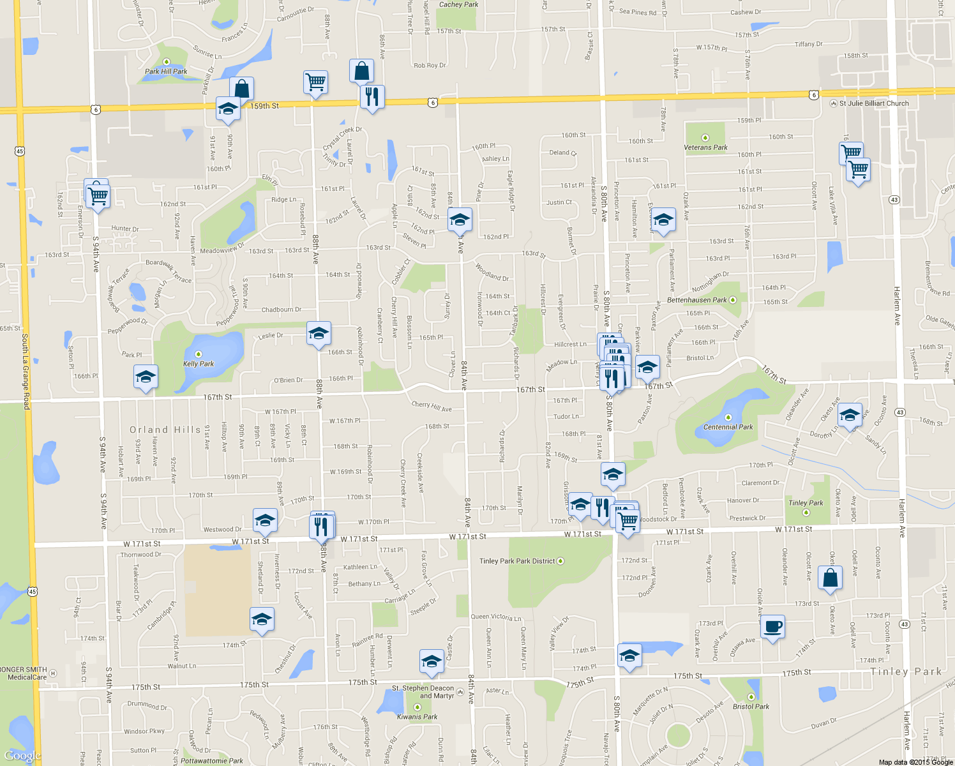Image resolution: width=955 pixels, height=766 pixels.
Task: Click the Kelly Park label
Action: pos(199,364)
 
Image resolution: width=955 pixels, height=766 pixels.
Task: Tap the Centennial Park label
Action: pos(728,427)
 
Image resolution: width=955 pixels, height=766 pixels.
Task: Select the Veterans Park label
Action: pos(705,147)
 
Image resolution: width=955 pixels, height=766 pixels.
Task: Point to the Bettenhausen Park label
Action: pos(697,300)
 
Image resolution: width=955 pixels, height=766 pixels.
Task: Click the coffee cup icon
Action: pos(772,627)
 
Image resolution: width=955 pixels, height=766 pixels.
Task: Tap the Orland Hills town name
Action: pos(165,430)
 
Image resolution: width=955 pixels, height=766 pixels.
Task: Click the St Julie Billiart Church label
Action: pos(873,103)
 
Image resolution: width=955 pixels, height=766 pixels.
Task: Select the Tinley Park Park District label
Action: pos(517,561)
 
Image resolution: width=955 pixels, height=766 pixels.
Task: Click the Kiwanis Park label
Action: pos(417,717)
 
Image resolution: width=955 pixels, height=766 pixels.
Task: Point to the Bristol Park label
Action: pos(751,707)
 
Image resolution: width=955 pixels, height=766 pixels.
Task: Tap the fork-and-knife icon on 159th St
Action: pos(372,97)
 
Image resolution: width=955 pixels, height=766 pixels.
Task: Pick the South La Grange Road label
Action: pos(26,370)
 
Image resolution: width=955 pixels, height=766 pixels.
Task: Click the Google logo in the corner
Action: pos(22,756)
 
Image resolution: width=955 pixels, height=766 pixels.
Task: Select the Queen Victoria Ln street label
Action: pos(495,617)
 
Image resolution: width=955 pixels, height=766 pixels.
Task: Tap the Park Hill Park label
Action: pos(166,71)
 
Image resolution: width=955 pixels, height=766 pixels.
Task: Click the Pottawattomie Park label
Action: pos(211,761)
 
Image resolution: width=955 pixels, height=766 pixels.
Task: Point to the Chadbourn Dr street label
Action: pos(282,310)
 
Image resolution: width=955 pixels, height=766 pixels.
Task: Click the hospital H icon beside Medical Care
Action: pos(53,673)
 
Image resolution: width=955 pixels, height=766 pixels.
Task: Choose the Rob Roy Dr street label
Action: pos(430,65)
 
